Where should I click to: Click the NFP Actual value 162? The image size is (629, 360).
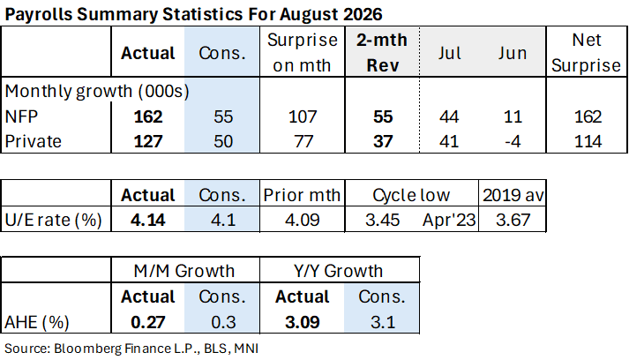(148, 116)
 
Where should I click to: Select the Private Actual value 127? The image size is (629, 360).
(148, 141)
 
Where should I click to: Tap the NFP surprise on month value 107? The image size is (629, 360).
(303, 116)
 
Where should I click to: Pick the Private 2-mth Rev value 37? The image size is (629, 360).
(383, 141)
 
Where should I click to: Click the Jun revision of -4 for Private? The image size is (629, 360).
(513, 141)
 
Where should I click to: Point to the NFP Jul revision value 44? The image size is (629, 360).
(449, 116)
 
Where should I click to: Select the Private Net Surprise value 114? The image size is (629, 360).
(588, 141)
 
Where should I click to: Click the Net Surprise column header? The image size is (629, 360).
(586, 53)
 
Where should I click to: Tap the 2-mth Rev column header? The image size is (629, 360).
(382, 53)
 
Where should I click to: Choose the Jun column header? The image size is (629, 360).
(513, 53)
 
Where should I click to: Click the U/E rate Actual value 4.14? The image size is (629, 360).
(148, 220)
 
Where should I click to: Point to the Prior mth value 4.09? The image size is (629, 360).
(303, 220)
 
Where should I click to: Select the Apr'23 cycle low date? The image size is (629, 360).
(449, 220)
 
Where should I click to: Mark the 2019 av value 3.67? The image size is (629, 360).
(513, 220)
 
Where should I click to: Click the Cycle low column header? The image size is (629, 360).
(411, 196)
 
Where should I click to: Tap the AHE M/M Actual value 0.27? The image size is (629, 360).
(148, 322)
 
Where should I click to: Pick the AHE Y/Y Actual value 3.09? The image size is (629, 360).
(303, 322)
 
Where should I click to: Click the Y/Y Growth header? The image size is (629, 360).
(338, 271)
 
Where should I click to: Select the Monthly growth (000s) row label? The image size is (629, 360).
(97, 92)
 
